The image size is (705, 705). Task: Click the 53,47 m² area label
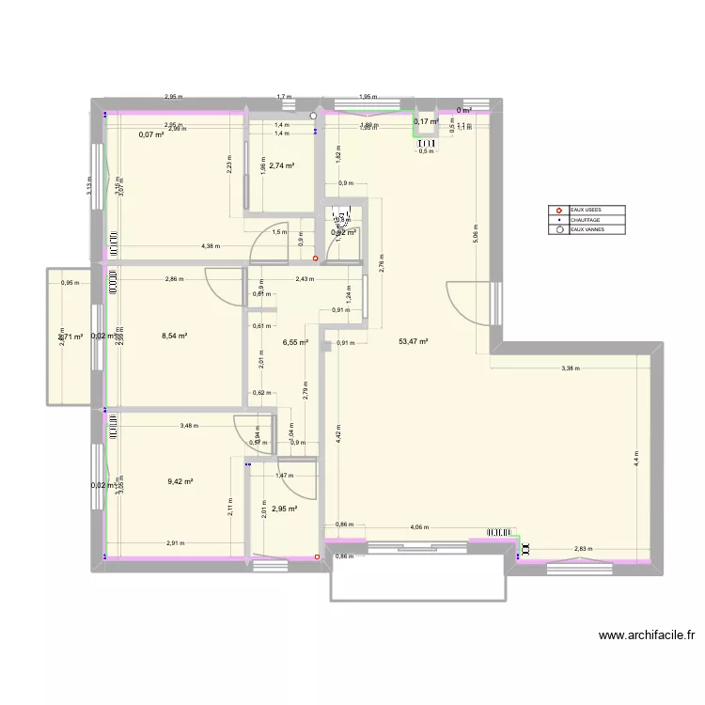413,342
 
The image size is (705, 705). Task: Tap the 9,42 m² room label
180,481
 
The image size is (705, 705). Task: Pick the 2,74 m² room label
282,166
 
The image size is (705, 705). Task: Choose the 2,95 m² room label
285,509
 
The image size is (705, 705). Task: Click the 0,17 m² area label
427,121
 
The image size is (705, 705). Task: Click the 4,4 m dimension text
635,458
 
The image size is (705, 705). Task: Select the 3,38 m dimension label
571,368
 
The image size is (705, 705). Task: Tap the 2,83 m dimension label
584,549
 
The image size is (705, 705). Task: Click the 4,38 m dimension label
211,246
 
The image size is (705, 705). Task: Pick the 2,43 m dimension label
305,279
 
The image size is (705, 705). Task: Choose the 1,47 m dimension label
283,476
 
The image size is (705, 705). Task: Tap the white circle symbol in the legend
560,229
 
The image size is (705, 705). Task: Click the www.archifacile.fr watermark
647,636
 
